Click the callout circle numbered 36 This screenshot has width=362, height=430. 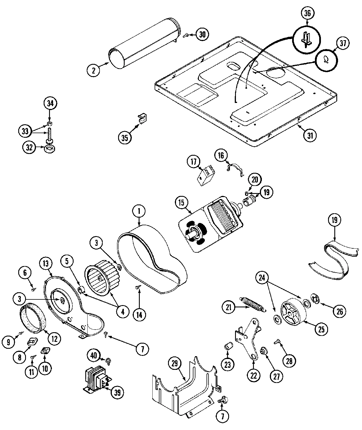click(307, 13)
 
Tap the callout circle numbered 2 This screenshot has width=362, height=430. click(94, 70)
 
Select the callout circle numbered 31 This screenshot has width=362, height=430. click(310, 135)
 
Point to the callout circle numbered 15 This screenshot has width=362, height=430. click(182, 203)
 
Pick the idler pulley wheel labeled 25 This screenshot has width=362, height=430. click(293, 313)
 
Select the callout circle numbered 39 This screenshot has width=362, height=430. click(117, 393)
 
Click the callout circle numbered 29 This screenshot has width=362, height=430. click(175, 363)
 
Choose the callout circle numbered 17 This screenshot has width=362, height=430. click(194, 162)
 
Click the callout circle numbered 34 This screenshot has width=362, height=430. click(50, 104)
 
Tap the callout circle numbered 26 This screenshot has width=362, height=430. click(339, 312)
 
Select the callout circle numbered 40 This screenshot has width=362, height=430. click(94, 355)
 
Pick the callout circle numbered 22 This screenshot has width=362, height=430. click(254, 376)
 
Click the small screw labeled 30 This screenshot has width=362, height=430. click(186, 35)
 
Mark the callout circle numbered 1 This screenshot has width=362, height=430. click(139, 211)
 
